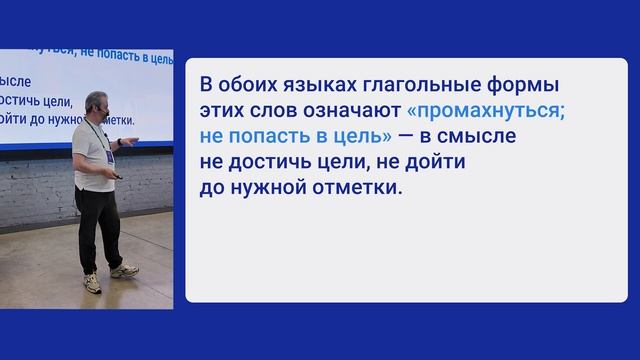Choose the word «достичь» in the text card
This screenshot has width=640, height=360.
[267, 160]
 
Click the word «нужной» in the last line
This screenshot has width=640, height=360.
[265, 186]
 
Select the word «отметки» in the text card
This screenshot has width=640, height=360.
[355, 186]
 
